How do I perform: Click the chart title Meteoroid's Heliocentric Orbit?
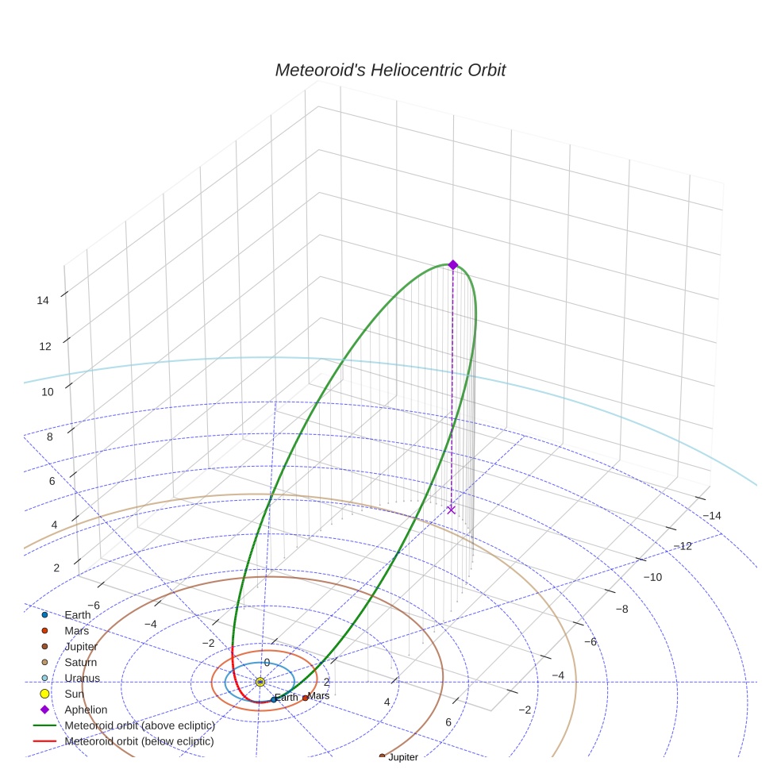(390, 71)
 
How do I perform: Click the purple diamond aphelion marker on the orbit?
(452, 264)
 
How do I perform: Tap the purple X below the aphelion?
(452, 510)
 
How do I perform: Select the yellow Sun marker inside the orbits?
(260, 682)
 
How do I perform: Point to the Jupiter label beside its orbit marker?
(402, 757)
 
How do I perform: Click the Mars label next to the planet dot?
(318, 696)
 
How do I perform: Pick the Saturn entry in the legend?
(80, 662)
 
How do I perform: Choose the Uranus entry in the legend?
(82, 678)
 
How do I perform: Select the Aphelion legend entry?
(86, 710)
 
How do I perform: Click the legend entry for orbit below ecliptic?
(139, 741)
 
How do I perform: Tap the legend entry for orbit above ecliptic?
(140, 725)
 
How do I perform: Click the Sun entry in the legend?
(75, 694)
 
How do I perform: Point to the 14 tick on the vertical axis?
(43, 300)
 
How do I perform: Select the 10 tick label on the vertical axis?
(47, 391)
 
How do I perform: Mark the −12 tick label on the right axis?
(683, 545)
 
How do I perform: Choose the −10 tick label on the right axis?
(652, 577)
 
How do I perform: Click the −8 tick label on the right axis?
(622, 609)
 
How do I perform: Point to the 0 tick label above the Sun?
(267, 663)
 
